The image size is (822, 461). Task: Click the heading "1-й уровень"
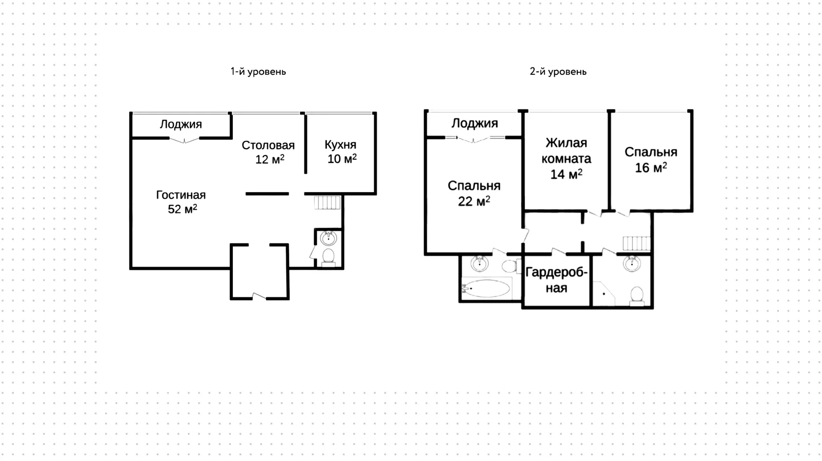(x=258, y=71)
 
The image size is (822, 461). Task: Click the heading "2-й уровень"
(x=558, y=71)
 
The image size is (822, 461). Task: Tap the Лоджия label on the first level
(x=181, y=125)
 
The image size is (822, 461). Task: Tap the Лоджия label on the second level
(x=475, y=124)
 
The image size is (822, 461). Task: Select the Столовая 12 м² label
(x=268, y=152)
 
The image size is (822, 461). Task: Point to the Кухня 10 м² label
(x=341, y=152)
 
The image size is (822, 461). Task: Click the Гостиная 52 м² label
(x=181, y=202)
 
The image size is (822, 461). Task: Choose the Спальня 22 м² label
(x=474, y=193)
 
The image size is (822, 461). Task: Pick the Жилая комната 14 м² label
(x=566, y=158)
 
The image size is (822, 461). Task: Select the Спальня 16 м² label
(x=651, y=159)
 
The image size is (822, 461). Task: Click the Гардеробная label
(x=556, y=280)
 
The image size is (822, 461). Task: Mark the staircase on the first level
(x=327, y=203)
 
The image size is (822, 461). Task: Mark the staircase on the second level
(x=637, y=243)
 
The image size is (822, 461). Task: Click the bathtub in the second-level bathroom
(x=486, y=288)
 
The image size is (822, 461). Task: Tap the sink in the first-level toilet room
(x=328, y=239)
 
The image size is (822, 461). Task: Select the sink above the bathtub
(x=479, y=263)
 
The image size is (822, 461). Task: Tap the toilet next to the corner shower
(x=637, y=296)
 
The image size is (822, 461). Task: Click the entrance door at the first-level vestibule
(x=259, y=296)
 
